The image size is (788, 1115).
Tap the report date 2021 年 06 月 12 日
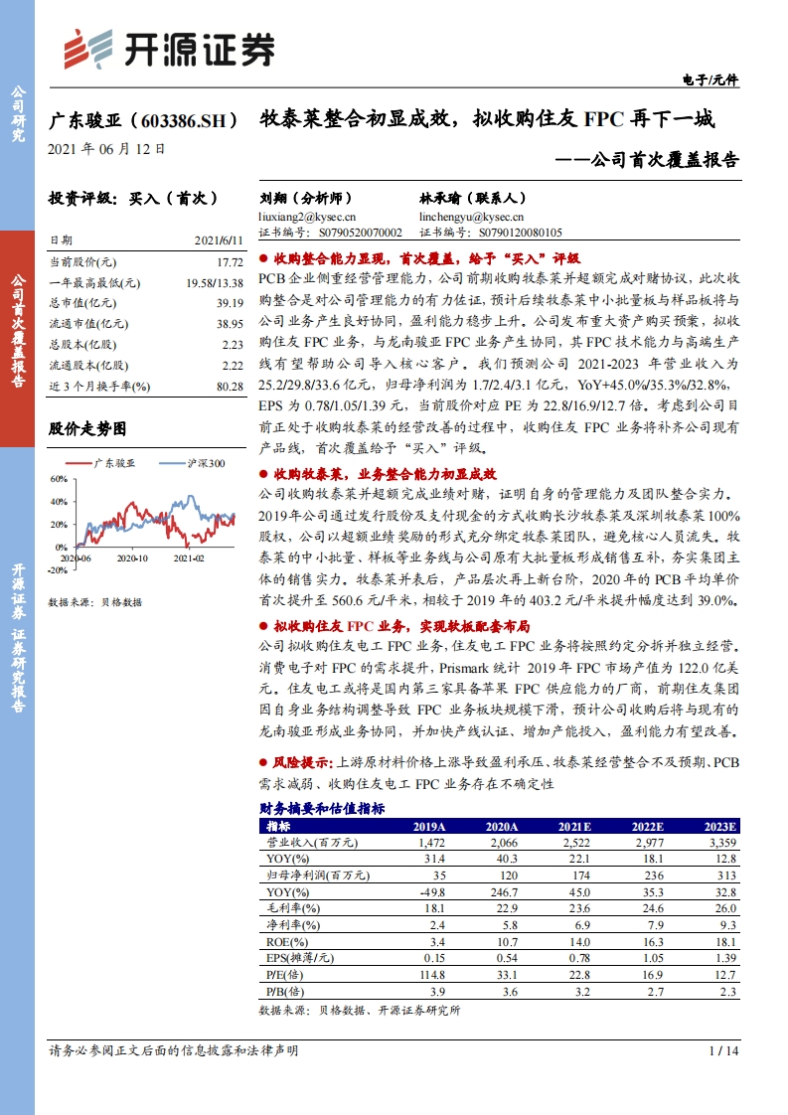pyautogui.click(x=106, y=150)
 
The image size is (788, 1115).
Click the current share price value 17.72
pyautogui.click(x=230, y=262)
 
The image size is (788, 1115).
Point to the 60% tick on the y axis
pyautogui.click(x=58, y=478)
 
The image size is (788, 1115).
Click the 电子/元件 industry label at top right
pyautogui.click(x=712, y=80)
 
